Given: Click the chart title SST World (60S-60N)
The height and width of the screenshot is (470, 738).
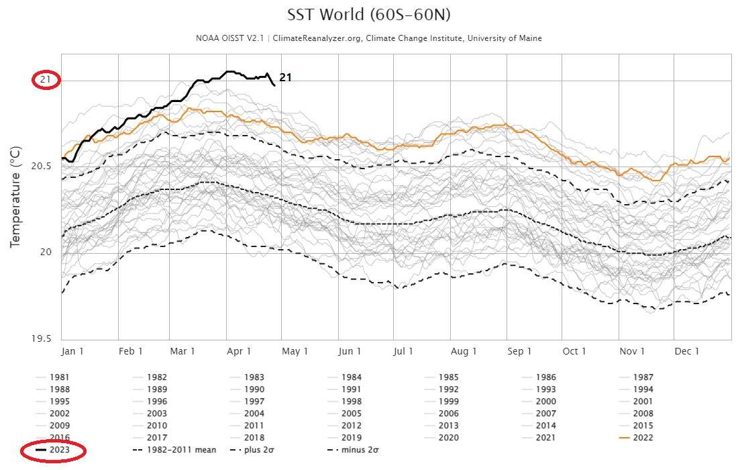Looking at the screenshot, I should tap(368, 15).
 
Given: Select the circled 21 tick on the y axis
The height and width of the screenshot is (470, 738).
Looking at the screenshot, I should tap(46, 80).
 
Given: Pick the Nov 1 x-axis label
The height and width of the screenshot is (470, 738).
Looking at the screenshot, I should tap(632, 351).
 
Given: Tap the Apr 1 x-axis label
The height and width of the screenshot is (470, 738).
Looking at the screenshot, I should tap(239, 351).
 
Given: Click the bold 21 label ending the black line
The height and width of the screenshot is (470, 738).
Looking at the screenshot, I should tap(285, 78).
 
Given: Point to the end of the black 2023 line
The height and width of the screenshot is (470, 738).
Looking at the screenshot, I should tap(274, 85).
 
